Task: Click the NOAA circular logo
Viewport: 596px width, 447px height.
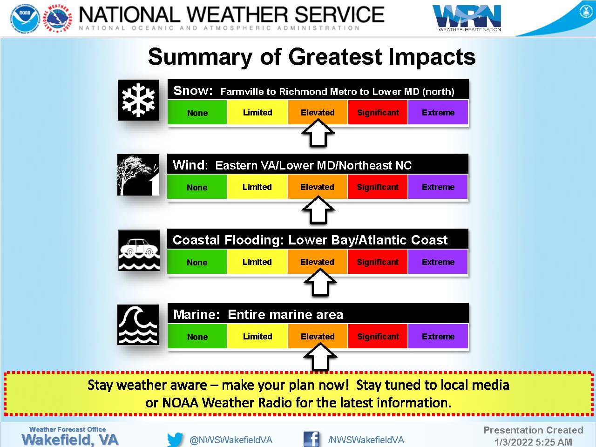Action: (x=25, y=19)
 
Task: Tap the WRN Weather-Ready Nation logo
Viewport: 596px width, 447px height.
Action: (x=467, y=18)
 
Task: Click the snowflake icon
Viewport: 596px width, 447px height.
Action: (x=138, y=100)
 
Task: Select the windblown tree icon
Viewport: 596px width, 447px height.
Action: (x=138, y=175)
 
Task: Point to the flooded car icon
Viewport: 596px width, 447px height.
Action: (x=139, y=250)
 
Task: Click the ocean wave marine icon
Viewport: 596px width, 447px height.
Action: (x=138, y=325)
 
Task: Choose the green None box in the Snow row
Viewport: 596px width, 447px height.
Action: (x=197, y=112)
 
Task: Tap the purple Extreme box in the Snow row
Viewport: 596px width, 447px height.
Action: (x=438, y=112)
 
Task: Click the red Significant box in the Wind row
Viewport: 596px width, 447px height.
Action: (x=378, y=187)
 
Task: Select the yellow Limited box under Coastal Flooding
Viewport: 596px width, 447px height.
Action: (x=257, y=262)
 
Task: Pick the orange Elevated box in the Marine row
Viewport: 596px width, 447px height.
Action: (x=318, y=336)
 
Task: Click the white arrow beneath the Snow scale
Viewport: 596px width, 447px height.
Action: (x=318, y=133)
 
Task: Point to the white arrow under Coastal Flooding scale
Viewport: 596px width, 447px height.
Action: (x=320, y=282)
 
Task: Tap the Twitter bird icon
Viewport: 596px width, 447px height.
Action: (x=175, y=440)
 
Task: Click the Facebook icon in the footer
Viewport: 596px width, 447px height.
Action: (x=311, y=439)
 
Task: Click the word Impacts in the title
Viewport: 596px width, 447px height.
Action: (x=432, y=57)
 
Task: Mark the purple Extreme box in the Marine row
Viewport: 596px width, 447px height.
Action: (x=438, y=336)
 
